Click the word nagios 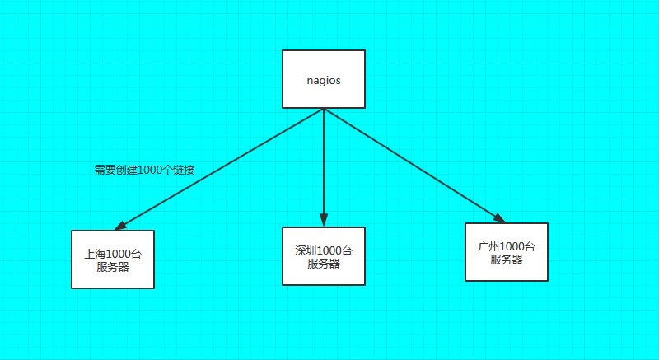coord(323,81)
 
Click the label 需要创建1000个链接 coord(144,170)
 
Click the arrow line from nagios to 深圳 coord(324,165)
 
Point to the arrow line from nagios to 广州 coord(412,165)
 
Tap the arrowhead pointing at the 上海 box coord(120,225)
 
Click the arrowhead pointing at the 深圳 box coord(324,219)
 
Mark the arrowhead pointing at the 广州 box coord(499,217)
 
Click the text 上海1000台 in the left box coord(113,253)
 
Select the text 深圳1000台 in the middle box coord(324,250)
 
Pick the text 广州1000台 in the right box coord(507,246)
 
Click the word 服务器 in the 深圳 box coord(324,264)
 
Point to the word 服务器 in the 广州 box coord(507,259)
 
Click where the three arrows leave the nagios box coord(324,110)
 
